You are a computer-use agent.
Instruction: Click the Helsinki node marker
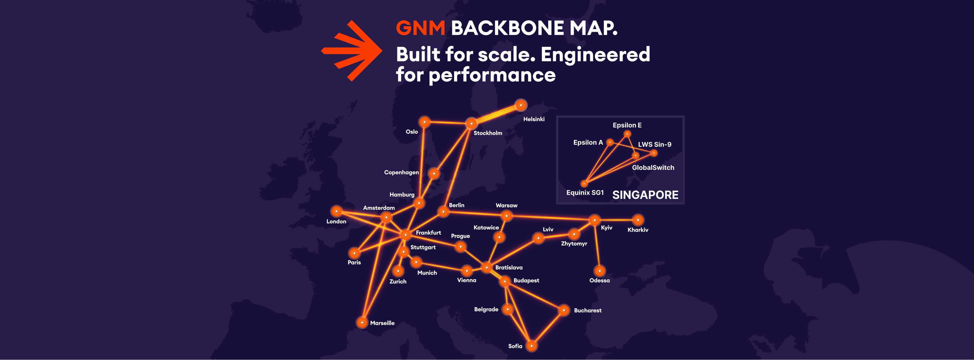tap(521, 105)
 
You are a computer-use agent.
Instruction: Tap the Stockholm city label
tap(488, 133)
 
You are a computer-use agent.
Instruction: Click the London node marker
tap(336, 211)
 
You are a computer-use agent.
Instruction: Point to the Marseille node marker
tap(362, 323)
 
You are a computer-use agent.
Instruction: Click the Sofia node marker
tap(531, 346)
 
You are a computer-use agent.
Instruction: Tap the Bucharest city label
tap(587, 310)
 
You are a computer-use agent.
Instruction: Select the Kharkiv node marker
tap(638, 220)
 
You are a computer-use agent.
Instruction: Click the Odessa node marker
tap(599, 271)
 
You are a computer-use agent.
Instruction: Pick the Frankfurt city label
tap(428, 232)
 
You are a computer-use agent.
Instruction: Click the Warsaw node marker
tap(506, 216)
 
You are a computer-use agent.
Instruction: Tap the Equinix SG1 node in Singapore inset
tap(584, 184)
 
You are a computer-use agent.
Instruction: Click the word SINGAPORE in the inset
tap(645, 195)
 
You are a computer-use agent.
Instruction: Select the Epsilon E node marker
tap(627, 134)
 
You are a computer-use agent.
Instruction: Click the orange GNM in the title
tap(420, 28)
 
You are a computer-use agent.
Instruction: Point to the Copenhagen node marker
tap(434, 173)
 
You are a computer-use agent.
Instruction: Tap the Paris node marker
tap(354, 253)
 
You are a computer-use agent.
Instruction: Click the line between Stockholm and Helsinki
tap(496, 114)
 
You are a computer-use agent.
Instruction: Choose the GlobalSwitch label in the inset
tap(653, 167)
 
